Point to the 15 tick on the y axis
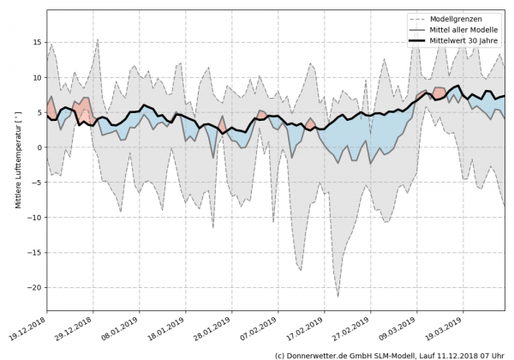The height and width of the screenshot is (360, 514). point(38,42)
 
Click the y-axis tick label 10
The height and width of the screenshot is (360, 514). point(38,77)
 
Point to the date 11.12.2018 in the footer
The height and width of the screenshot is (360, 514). point(451,354)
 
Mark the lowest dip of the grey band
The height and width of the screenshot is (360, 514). point(338,296)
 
